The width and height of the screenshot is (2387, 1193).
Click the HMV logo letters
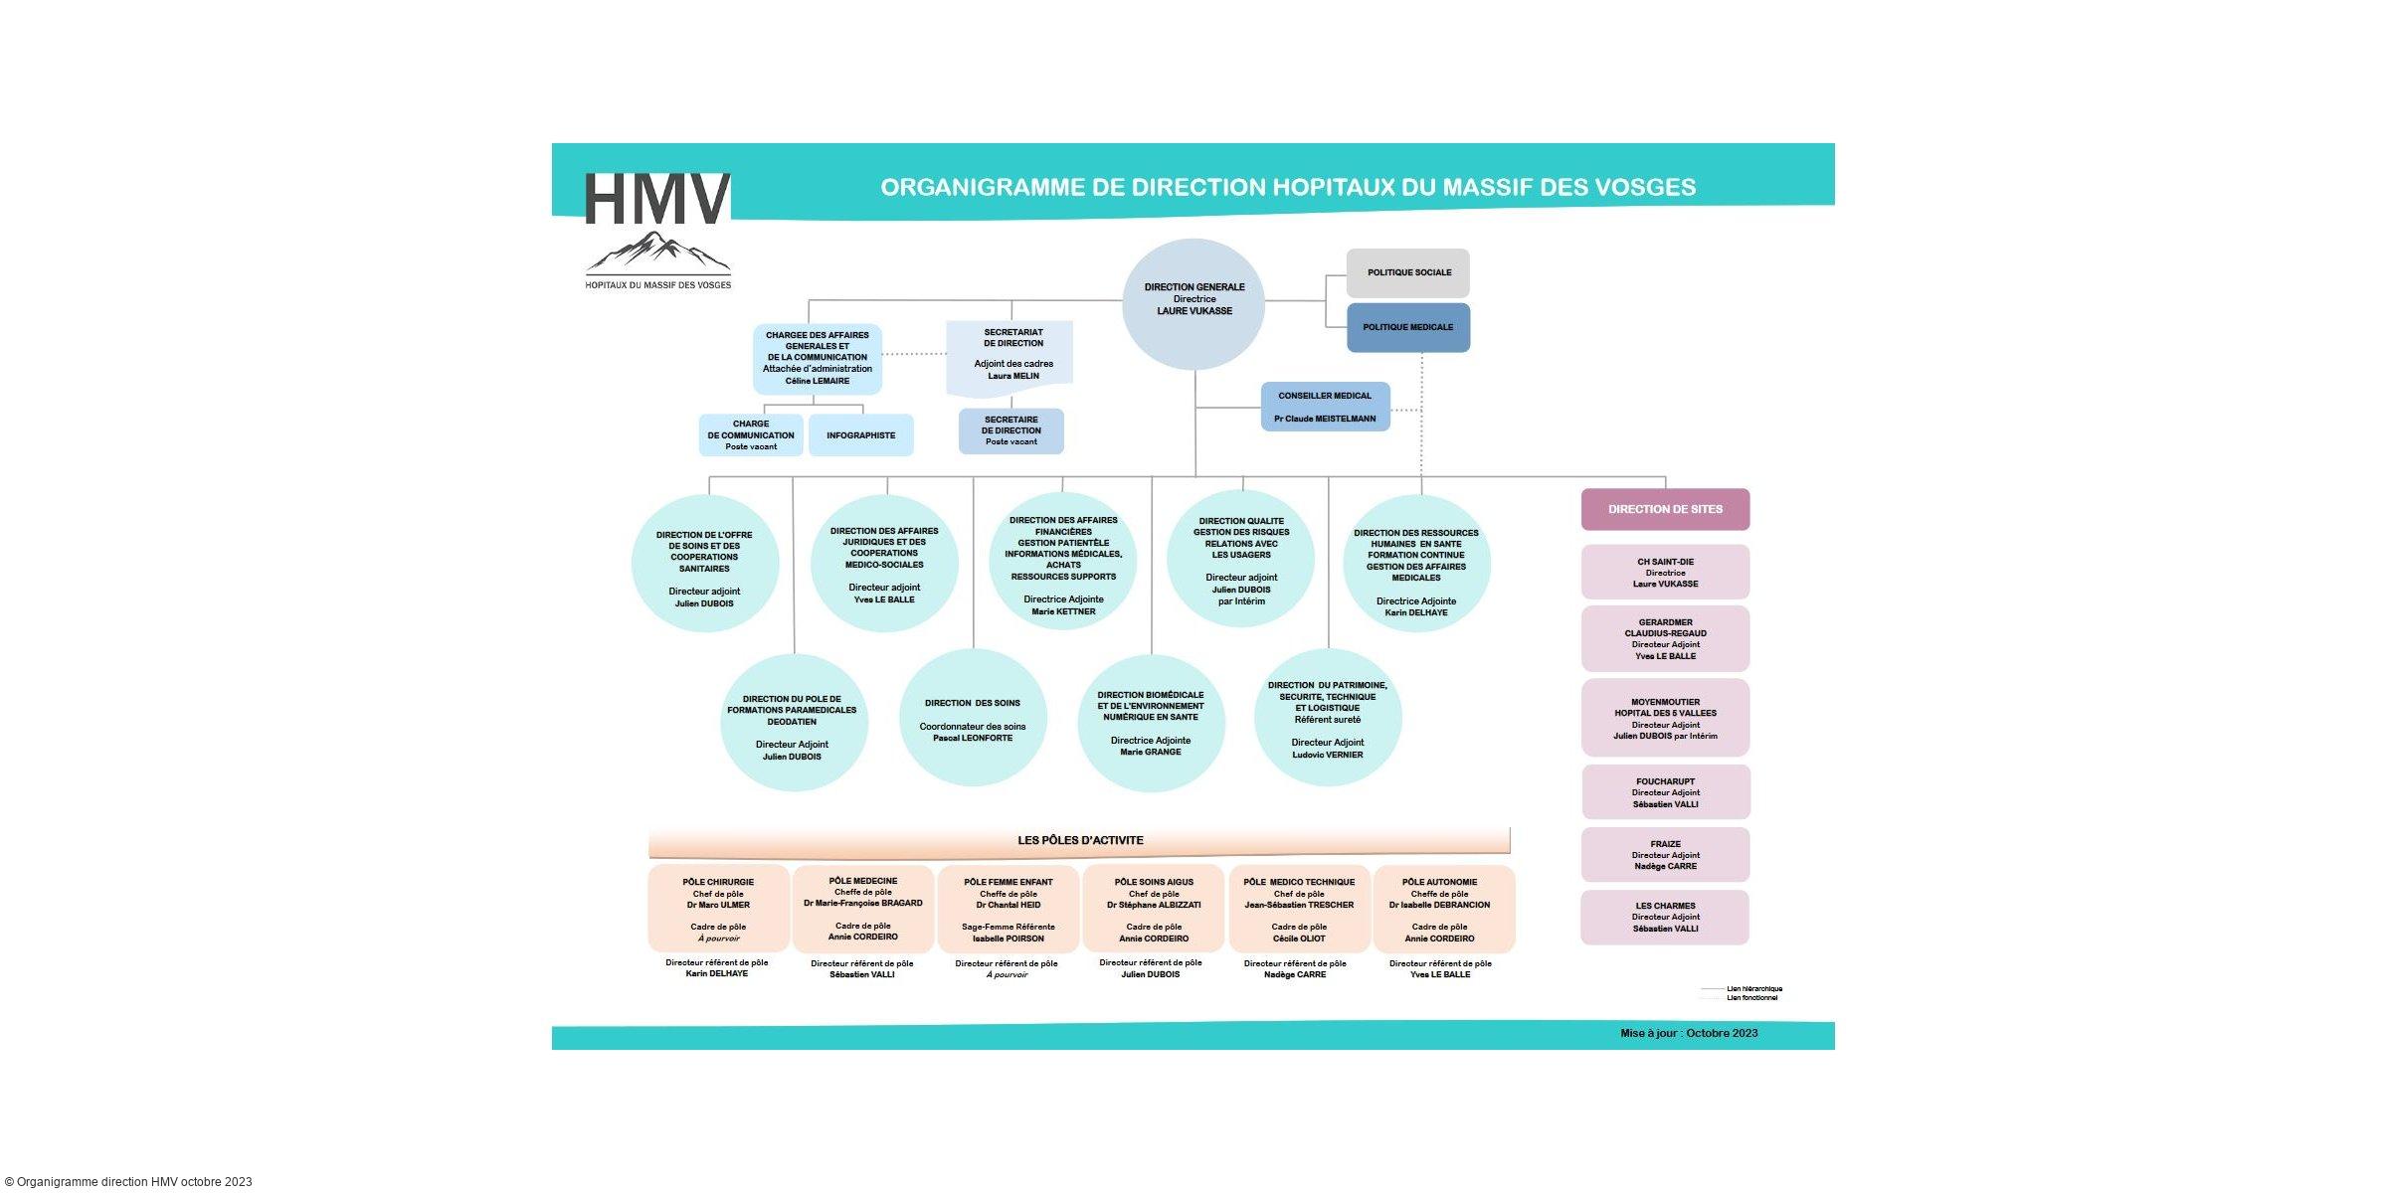(x=657, y=199)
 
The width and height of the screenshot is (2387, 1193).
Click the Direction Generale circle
(x=1193, y=302)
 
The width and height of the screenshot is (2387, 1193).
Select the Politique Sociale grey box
(x=1407, y=272)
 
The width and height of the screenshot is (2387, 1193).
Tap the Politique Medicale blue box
(x=1407, y=328)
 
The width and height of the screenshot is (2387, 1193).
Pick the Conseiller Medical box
(x=1325, y=407)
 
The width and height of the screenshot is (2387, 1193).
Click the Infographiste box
(x=860, y=435)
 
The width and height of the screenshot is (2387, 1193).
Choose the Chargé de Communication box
(x=751, y=435)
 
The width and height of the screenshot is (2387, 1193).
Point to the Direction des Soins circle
(x=973, y=719)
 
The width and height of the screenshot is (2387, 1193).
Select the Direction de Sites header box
(x=1665, y=509)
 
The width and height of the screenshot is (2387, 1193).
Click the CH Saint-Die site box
(x=1665, y=573)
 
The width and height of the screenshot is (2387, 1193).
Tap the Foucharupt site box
(x=1665, y=792)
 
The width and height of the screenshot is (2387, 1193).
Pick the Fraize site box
(x=1665, y=855)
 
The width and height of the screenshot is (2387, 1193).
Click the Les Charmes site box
(x=1665, y=917)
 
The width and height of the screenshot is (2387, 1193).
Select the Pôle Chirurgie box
(x=718, y=909)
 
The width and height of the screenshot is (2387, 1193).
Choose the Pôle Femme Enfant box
(x=1009, y=909)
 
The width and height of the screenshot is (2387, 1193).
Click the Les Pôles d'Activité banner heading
(x=1080, y=841)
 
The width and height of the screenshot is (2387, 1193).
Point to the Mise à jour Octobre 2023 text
(x=1689, y=1033)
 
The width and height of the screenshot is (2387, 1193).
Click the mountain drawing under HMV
(x=657, y=253)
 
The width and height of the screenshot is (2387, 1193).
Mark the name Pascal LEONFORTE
(x=973, y=739)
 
